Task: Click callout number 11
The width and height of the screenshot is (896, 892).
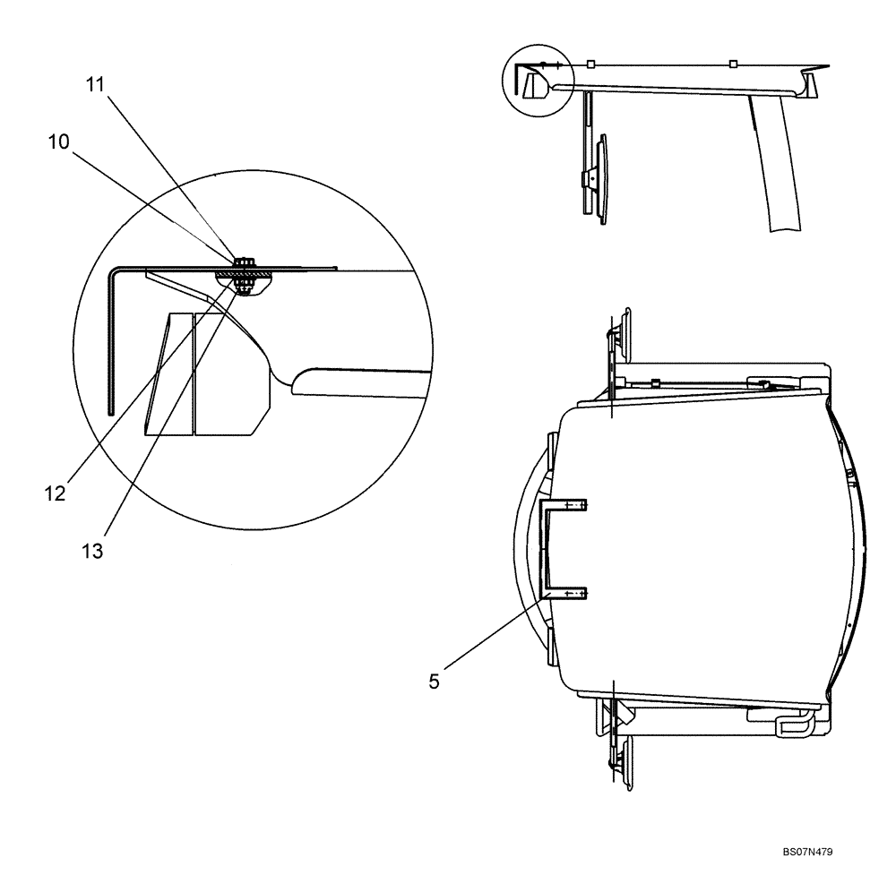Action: (96, 84)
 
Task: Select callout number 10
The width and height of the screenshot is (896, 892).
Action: (58, 142)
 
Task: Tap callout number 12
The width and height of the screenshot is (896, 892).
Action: (56, 493)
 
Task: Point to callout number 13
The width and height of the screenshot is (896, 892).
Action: (92, 551)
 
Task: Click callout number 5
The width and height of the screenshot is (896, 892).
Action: (435, 682)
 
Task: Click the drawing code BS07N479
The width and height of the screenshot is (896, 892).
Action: (807, 852)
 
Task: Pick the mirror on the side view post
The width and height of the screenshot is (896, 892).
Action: (601, 179)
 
